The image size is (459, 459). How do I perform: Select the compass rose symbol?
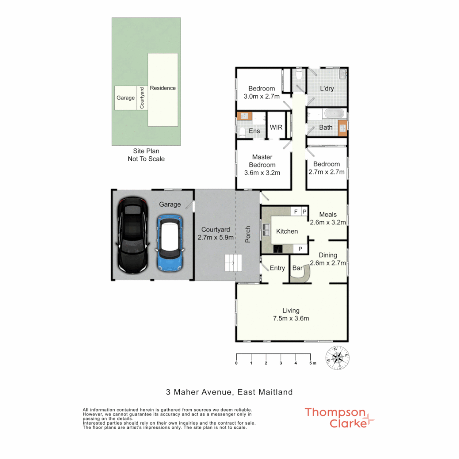[x=337, y=357]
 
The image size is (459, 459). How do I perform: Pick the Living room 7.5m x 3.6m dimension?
[x=292, y=318]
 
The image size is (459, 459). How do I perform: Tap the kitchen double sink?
[x=266, y=230]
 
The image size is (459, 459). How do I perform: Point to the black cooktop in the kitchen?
[x=278, y=249]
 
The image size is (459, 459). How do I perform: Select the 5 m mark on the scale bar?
[x=312, y=363]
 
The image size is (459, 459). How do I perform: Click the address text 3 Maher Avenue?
[x=229, y=392]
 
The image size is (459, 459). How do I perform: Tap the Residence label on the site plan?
[x=163, y=88]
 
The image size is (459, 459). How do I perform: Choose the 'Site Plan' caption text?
[x=146, y=151]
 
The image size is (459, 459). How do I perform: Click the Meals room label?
[x=329, y=215]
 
